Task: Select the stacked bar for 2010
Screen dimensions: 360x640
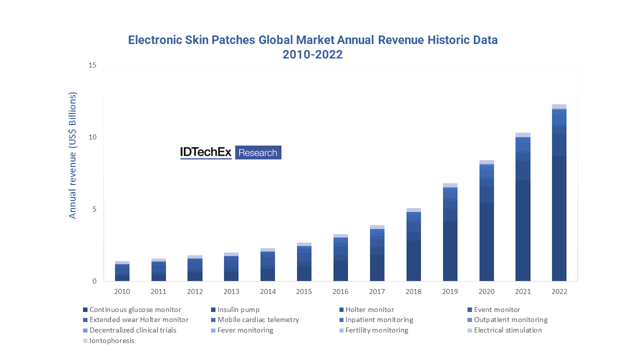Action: pyautogui.click(x=122, y=271)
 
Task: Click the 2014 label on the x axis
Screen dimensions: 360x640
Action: pyautogui.click(x=267, y=291)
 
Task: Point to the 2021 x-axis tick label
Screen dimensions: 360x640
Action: pyautogui.click(x=522, y=291)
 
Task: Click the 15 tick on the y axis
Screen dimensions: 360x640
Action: pyautogui.click(x=92, y=65)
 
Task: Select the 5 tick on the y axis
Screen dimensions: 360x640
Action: pyautogui.click(x=94, y=209)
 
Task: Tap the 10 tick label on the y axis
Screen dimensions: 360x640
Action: pyautogui.click(x=92, y=137)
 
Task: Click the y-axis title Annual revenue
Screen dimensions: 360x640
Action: pyautogui.click(x=73, y=155)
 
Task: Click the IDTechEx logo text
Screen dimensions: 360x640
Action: pyautogui.click(x=206, y=152)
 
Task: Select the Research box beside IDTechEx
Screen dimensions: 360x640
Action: pyautogui.click(x=258, y=152)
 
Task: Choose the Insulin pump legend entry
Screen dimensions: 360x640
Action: pyautogui.click(x=238, y=309)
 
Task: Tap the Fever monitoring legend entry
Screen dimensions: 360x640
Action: pyautogui.click(x=245, y=330)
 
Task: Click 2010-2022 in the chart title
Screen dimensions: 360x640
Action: pyautogui.click(x=312, y=55)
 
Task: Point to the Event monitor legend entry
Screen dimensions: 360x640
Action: pyautogui.click(x=496, y=309)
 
